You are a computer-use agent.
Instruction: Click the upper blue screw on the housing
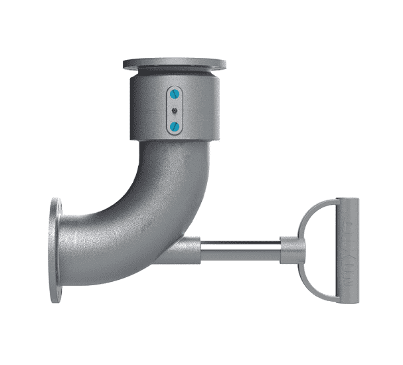(x=174, y=94)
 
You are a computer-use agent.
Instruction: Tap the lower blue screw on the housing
(x=174, y=126)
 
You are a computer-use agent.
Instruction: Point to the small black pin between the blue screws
(x=174, y=110)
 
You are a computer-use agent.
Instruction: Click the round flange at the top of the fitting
(x=174, y=64)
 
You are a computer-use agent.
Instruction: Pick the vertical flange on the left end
(x=56, y=250)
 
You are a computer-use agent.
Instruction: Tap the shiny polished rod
(x=239, y=251)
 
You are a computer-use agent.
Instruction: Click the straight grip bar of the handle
(x=347, y=250)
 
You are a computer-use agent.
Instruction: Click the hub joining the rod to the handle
(x=293, y=251)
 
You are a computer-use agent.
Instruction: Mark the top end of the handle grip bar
(x=347, y=202)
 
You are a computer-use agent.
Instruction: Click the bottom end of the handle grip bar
(x=347, y=299)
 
